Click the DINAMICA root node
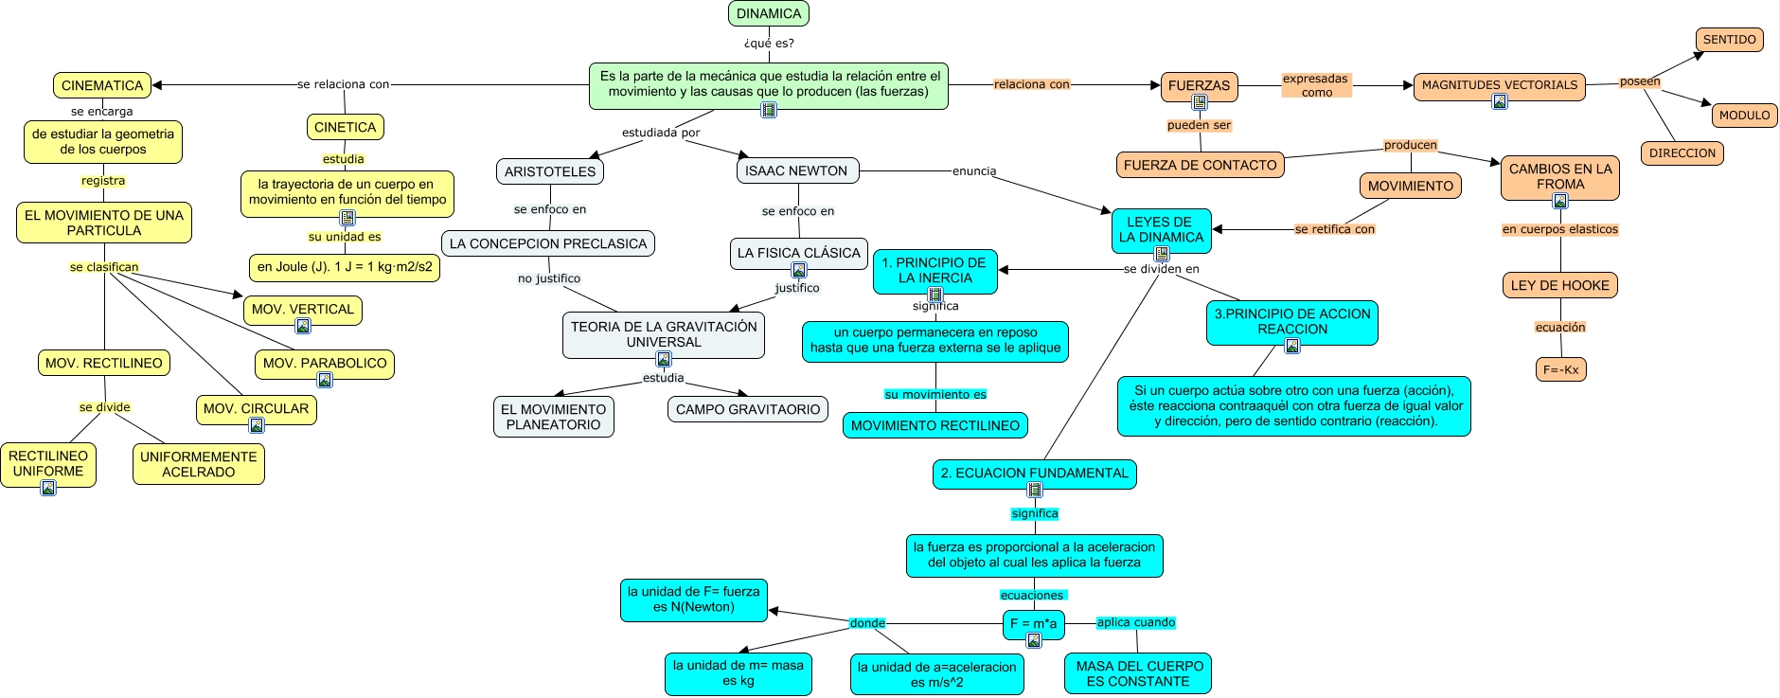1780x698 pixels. pyautogui.click(x=768, y=13)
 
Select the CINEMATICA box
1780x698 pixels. pyautogui.click(x=102, y=85)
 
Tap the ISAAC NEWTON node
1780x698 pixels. pyautogui.click(x=796, y=170)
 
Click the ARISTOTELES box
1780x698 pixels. pyautogui.click(x=549, y=171)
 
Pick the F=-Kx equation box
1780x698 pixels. pyautogui.click(x=1560, y=369)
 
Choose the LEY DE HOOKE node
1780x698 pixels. pyautogui.click(x=1559, y=285)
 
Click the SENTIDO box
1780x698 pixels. pyautogui.click(x=1729, y=40)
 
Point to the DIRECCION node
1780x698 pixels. pyautogui.click(x=1682, y=153)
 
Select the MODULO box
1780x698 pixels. pyautogui.click(x=1744, y=116)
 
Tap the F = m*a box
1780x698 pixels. pyautogui.click(x=1033, y=623)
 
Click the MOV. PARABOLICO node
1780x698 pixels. pyautogui.click(x=325, y=363)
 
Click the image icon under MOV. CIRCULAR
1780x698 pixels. pyautogui.click(x=257, y=425)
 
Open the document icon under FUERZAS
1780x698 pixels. pyautogui.click(x=1200, y=102)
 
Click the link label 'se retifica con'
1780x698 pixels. pyautogui.click(x=1334, y=229)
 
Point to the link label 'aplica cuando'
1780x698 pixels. pyautogui.click(x=1135, y=622)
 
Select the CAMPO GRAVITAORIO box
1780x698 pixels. pyautogui.click(x=748, y=409)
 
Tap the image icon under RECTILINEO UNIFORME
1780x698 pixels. pyautogui.click(x=48, y=488)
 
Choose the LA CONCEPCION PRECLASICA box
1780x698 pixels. pyautogui.click(x=547, y=243)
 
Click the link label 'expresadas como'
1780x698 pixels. pyautogui.click(x=1315, y=85)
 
